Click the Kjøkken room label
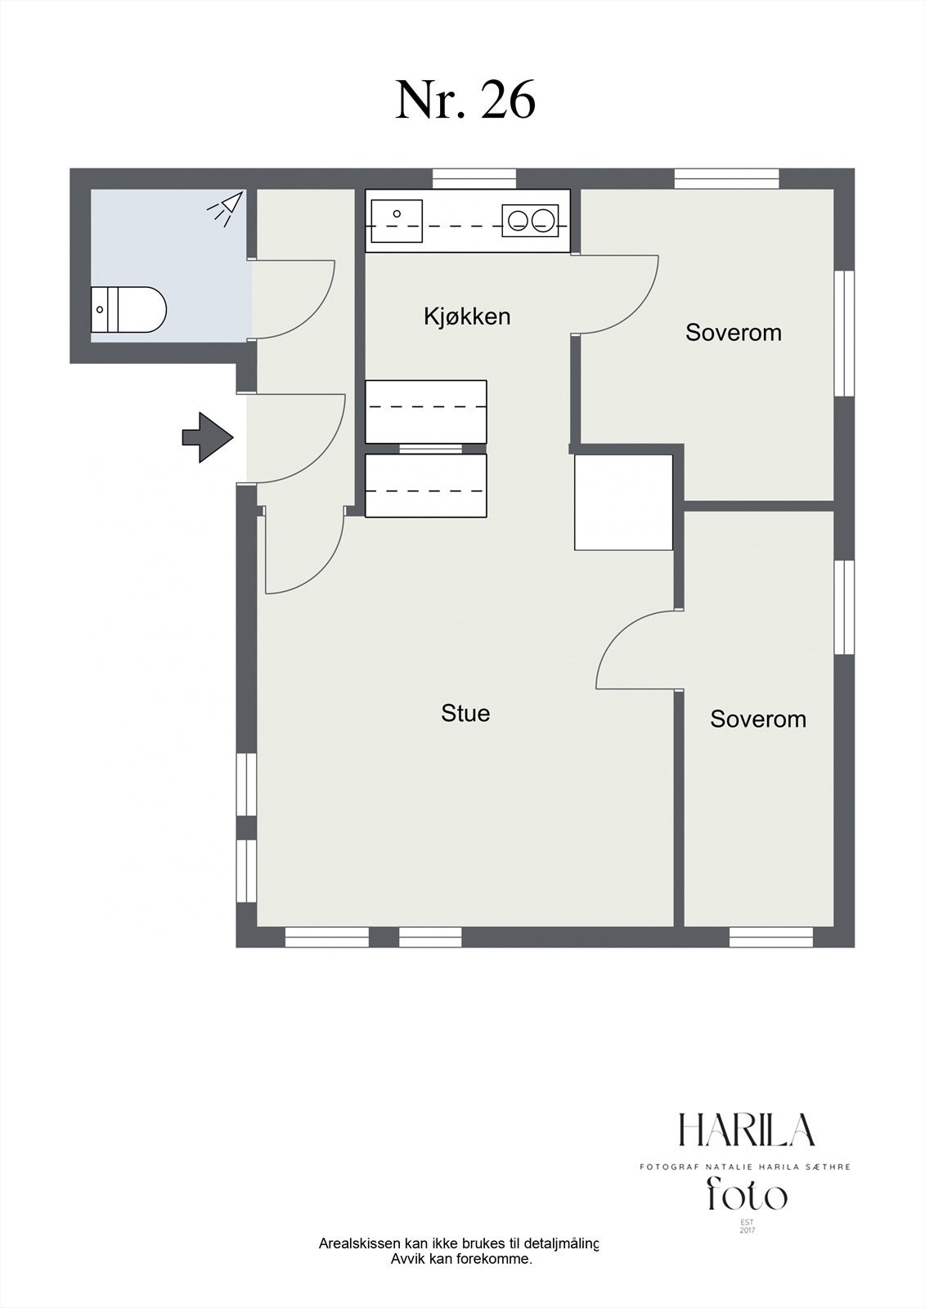point(467,317)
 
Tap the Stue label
point(465,713)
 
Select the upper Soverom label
point(734,332)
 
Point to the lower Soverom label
point(758,719)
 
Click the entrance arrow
point(208,437)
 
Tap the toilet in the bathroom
point(128,310)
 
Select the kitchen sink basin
point(397,220)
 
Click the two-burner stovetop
point(530,221)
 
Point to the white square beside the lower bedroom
point(623,502)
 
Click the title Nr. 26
point(465,100)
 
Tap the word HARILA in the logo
point(746,1130)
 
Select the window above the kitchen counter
point(474,178)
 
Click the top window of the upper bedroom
point(727,178)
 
